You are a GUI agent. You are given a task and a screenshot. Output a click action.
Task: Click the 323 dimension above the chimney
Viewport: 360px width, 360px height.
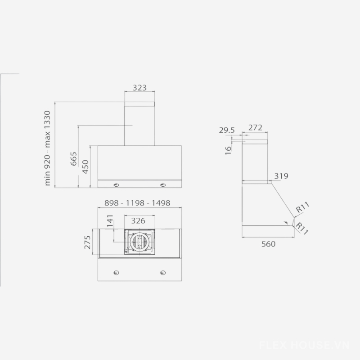139,88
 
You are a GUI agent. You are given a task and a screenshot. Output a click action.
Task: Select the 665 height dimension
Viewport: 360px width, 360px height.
74,159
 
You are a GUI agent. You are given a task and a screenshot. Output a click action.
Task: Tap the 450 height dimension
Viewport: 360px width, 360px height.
85,166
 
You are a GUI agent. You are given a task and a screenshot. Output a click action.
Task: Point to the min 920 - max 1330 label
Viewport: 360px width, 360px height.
47,148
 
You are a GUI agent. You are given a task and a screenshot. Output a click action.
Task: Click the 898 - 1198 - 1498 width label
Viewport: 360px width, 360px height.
137,203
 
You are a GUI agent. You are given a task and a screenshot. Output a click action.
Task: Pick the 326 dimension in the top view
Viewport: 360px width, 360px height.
138,220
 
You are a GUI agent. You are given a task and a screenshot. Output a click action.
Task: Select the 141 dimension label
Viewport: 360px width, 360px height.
110,220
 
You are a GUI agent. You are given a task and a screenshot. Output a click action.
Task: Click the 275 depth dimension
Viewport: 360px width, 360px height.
87,242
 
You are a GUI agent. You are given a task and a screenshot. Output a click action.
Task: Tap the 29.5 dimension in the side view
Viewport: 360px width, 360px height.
227,130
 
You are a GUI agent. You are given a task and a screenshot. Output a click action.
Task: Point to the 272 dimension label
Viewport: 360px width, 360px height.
255,127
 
